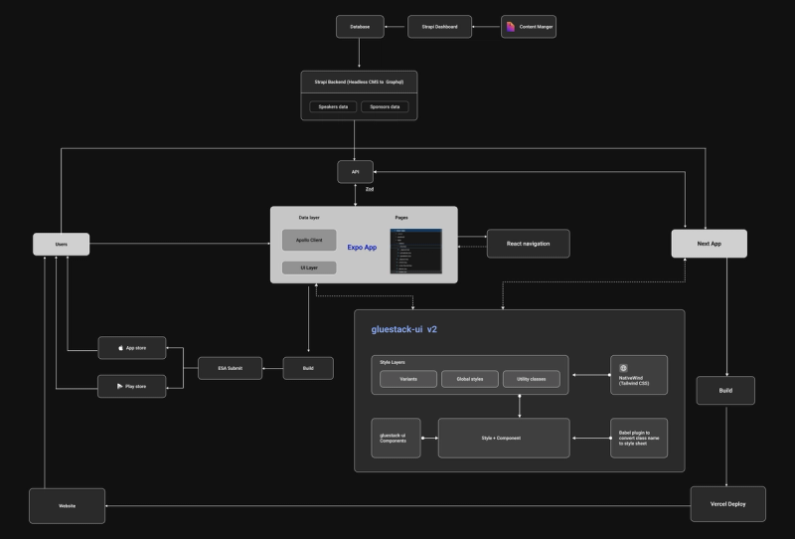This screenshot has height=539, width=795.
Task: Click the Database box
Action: [360, 27]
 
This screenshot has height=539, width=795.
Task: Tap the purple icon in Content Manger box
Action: [511, 27]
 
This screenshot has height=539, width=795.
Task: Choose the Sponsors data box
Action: [385, 106]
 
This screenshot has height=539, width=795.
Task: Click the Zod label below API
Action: [369, 188]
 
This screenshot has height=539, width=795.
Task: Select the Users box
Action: [62, 244]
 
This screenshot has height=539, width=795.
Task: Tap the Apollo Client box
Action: [309, 240]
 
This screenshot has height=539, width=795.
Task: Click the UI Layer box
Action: [309, 268]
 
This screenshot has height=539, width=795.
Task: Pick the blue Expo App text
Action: [362, 247]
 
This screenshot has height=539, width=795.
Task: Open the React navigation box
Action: [529, 244]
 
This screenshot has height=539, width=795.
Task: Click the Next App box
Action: [709, 244]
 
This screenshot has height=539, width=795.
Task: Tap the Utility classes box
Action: [531, 379]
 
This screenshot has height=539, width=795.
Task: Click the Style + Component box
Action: [504, 438]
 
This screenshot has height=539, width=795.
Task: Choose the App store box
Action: [131, 349]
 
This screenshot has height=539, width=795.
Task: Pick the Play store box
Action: [131, 386]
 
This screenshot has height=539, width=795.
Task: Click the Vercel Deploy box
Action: [727, 504]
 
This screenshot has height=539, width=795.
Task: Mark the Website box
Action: [67, 506]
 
